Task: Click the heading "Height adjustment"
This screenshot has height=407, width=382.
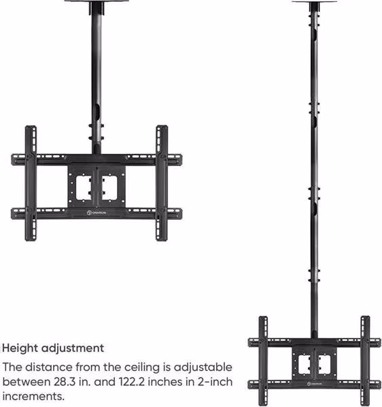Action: (x=53, y=348)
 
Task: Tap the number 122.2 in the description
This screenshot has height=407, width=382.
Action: (x=131, y=382)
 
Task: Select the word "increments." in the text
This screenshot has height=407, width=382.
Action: (x=33, y=396)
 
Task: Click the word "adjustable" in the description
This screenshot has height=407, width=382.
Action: (x=203, y=368)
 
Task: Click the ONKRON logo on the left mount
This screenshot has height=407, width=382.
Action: (x=97, y=213)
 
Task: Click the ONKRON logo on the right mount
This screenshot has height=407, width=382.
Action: (x=315, y=384)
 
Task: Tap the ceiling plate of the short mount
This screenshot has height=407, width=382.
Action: (x=97, y=1)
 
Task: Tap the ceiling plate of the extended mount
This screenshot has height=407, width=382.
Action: (x=314, y=1)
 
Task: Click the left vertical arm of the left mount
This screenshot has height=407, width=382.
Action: (x=31, y=183)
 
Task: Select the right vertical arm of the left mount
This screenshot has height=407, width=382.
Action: (x=162, y=183)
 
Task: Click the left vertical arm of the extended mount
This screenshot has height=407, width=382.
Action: (x=263, y=361)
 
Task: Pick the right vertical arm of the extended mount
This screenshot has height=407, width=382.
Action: (x=365, y=361)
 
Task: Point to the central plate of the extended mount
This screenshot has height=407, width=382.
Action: (x=314, y=363)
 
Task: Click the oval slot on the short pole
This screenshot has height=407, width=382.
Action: (x=96, y=111)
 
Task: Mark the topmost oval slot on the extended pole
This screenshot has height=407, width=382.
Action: (x=314, y=35)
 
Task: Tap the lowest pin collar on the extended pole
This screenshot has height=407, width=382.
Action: (x=314, y=276)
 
